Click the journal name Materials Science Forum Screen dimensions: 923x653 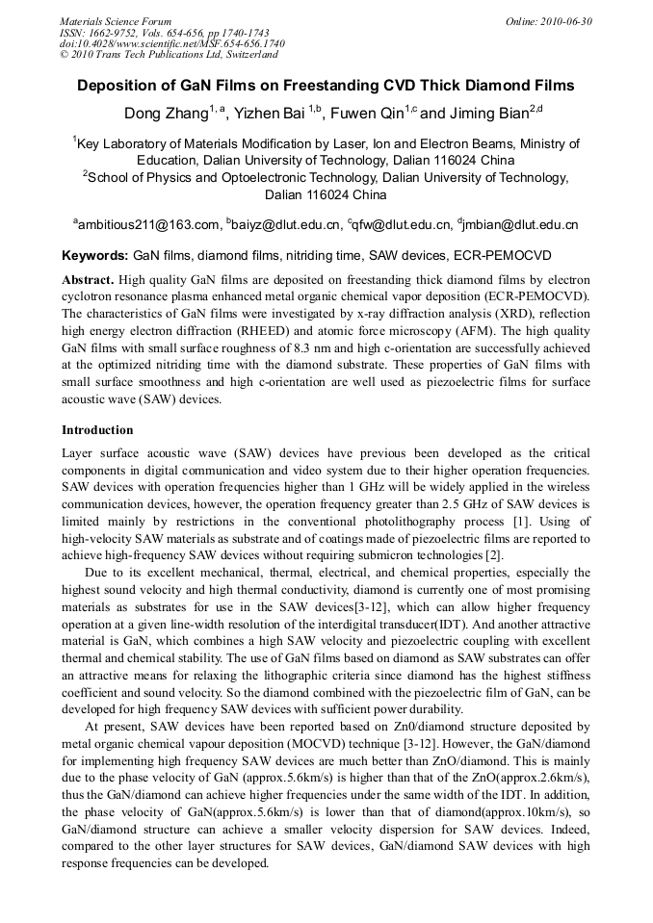[116, 21]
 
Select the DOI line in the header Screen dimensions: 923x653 [172, 43]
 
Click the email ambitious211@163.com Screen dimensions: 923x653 [149, 225]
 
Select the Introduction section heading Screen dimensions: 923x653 [97, 430]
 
